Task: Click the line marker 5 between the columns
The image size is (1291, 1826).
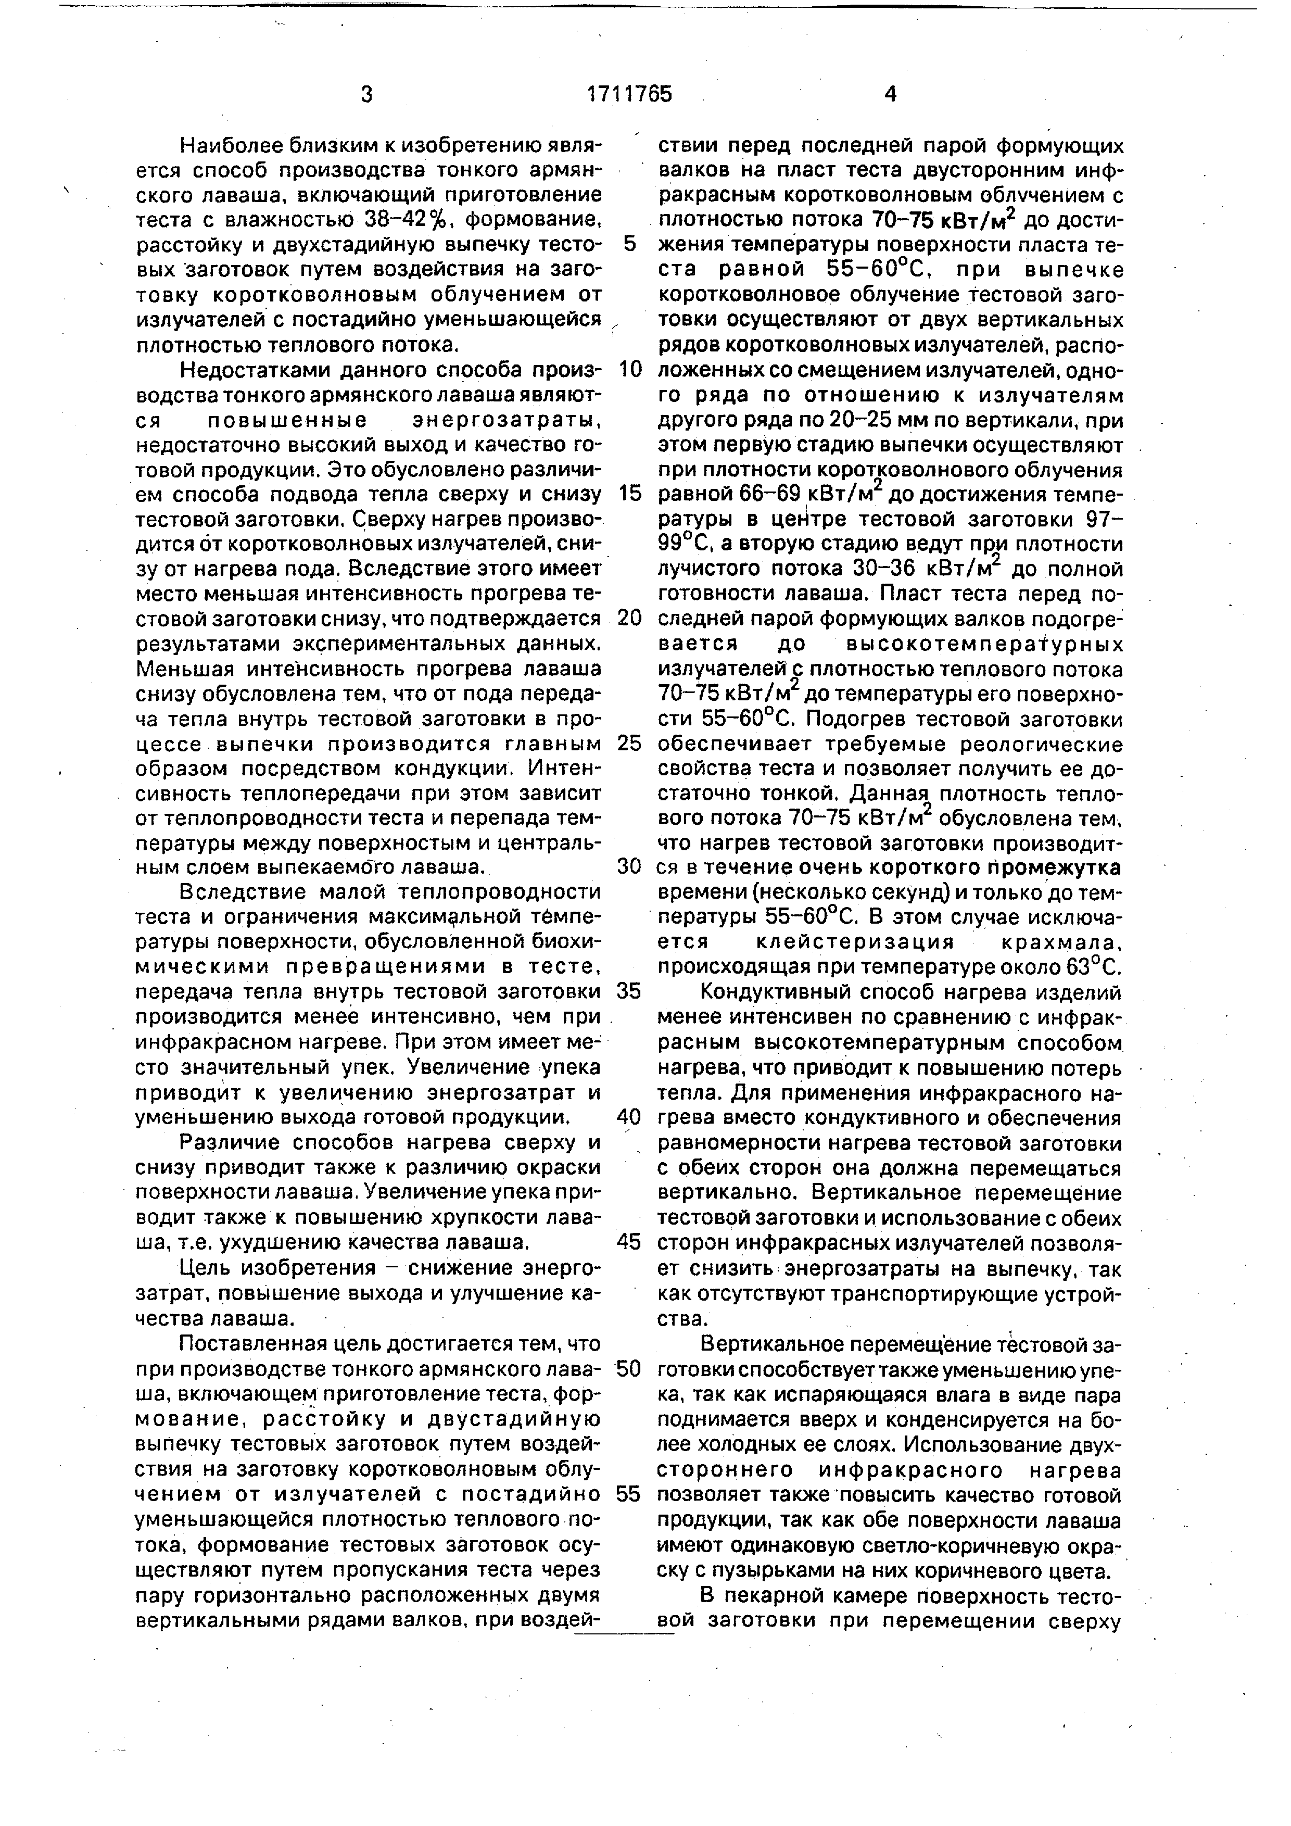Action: pyautogui.click(x=629, y=244)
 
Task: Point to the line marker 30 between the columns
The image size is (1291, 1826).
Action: pyautogui.click(x=629, y=866)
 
